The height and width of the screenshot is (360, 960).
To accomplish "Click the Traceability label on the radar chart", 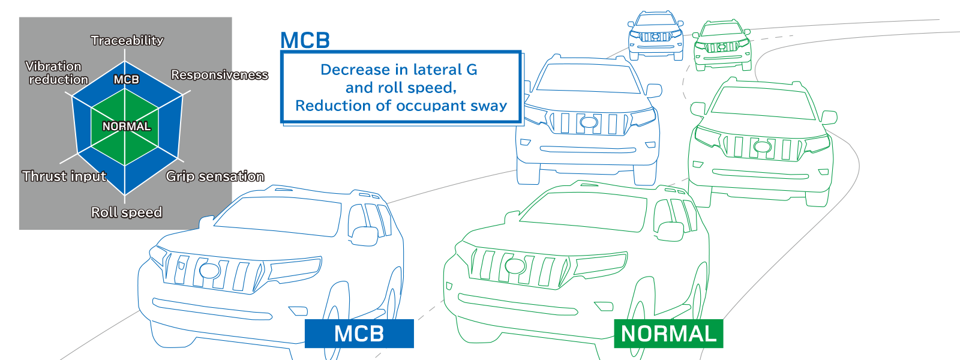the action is point(127,40).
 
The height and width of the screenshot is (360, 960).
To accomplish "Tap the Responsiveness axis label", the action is point(220,75).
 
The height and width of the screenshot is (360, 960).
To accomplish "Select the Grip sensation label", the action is point(215,176).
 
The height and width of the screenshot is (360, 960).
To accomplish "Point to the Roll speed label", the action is point(127,212).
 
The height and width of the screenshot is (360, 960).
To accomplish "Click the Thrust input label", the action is point(64,176).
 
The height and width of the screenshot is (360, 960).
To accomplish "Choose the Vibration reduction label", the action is point(56,73).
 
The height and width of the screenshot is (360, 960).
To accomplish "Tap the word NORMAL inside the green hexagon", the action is point(127,127).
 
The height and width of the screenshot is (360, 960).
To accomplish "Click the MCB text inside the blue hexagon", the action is point(127,80).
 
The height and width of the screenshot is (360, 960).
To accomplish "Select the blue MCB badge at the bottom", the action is point(359,334).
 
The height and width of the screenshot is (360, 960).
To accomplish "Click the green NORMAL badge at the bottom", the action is point(668,334).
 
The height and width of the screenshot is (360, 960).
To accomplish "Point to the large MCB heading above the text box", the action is point(305,40).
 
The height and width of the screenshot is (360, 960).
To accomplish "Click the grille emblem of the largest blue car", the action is point(209,270).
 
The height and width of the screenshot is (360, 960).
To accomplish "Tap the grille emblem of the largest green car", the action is point(515,265).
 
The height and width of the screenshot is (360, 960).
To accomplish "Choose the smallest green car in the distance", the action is point(722,45).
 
